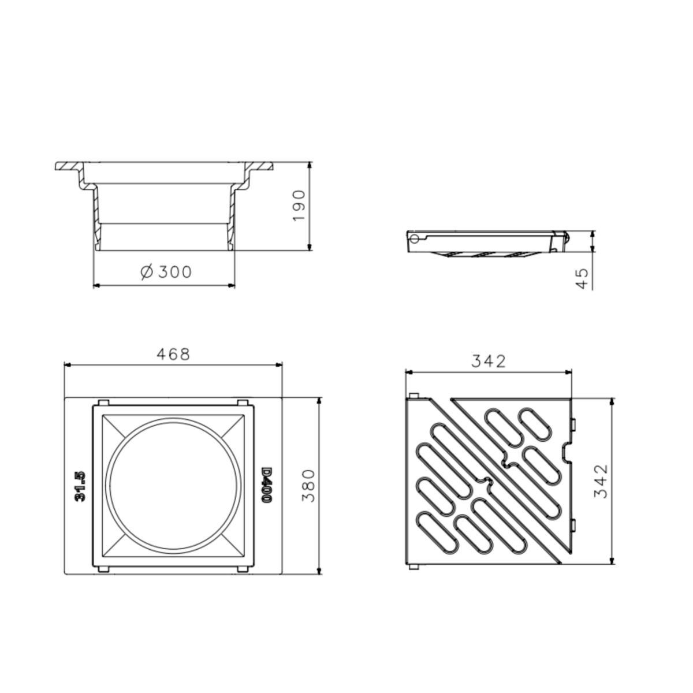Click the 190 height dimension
pyautogui.click(x=299, y=206)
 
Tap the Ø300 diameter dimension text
pyautogui.click(x=166, y=272)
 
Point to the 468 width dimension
pyautogui.click(x=173, y=354)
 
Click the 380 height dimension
pyautogui.click(x=309, y=486)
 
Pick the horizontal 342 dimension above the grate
pyautogui.click(x=489, y=362)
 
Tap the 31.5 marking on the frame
pyautogui.click(x=80, y=486)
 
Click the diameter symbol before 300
pyautogui.click(x=147, y=272)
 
